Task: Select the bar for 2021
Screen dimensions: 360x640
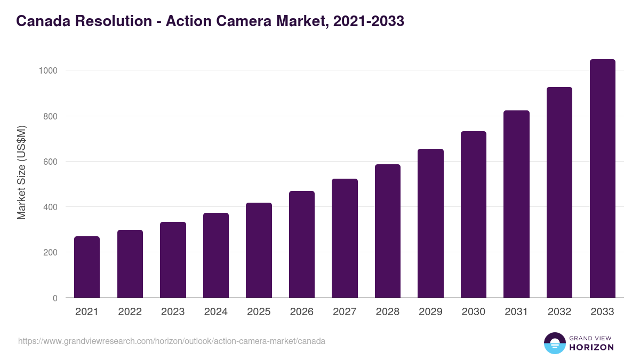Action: tap(87, 267)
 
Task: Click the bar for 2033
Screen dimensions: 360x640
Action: tap(602, 179)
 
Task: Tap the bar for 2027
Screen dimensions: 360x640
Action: tap(345, 238)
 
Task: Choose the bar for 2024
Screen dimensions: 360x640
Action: tap(216, 255)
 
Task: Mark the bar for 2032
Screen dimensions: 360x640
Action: tap(559, 193)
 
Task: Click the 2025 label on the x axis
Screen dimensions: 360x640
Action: tap(259, 312)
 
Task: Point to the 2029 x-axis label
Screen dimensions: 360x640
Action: tap(430, 312)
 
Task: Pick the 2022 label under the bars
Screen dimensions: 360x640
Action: tap(130, 312)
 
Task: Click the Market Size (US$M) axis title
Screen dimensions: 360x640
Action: tap(21, 172)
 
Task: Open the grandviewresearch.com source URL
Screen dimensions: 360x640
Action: tap(171, 341)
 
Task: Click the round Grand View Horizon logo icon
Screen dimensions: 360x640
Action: tap(554, 343)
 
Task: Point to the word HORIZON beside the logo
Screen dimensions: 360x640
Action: tap(591, 347)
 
